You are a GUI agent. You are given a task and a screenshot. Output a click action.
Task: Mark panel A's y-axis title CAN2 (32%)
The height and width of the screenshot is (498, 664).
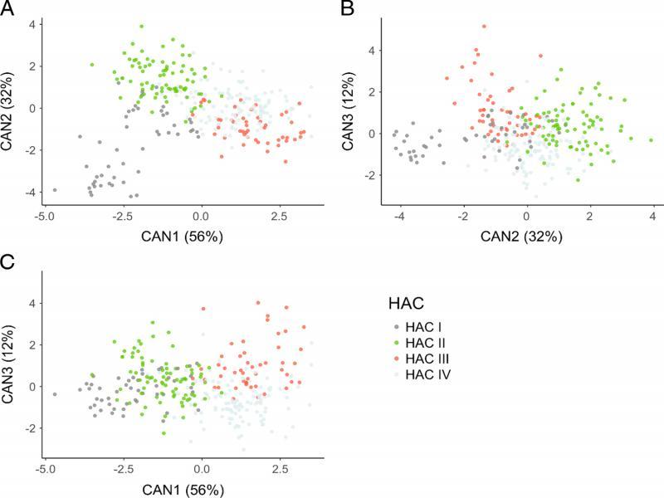pos(10,108)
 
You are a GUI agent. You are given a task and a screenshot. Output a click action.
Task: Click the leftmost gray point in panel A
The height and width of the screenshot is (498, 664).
pos(55,190)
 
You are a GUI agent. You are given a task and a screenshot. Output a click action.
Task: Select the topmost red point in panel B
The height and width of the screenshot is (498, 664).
pos(484,27)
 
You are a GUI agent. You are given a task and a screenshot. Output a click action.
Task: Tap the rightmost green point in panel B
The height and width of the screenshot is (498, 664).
pos(652,140)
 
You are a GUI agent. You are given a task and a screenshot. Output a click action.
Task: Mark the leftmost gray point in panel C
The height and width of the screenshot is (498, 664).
pos(55,394)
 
